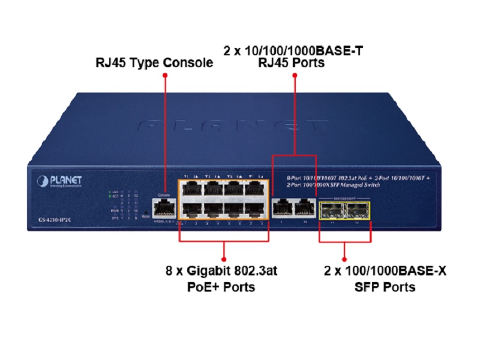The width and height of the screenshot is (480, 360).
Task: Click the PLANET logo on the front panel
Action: [59, 181]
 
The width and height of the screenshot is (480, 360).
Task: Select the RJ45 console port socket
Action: [161, 208]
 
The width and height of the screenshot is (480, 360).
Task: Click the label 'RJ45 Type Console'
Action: [155, 62]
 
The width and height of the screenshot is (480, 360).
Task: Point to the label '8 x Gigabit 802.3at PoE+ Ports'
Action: [222, 279]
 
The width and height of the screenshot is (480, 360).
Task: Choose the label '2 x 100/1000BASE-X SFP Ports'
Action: [384, 279]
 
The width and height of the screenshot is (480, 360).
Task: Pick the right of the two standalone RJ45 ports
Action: [305, 209]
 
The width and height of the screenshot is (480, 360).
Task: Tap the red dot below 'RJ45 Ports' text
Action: [294, 76]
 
